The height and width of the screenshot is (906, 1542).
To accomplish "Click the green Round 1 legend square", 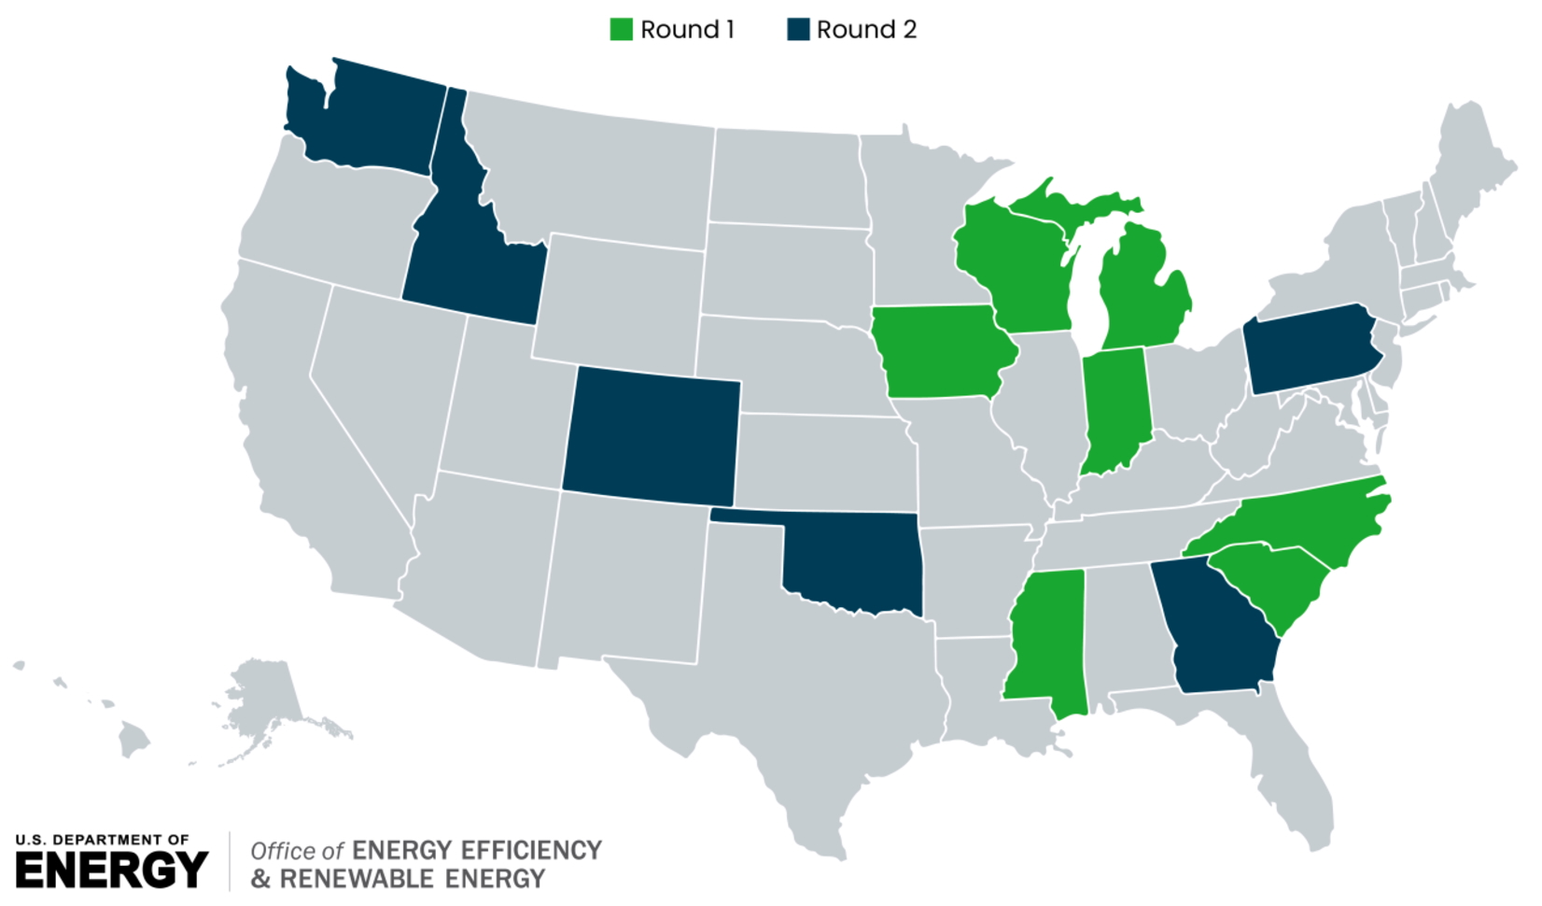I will tap(621, 30).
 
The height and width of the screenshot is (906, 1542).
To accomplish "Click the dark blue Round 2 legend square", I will tap(798, 30).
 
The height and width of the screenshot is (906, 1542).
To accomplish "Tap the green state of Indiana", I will tap(1115, 406).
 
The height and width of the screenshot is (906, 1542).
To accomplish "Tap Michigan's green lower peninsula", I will tap(1143, 299).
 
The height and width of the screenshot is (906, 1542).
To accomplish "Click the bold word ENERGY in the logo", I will tap(112, 871).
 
